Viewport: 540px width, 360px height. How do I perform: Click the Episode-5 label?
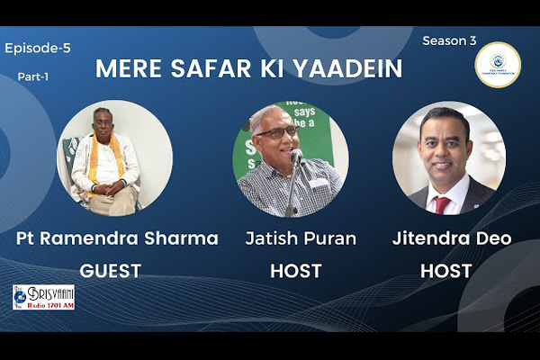[x=38, y=48]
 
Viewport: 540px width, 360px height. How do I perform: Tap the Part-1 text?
[x=33, y=77]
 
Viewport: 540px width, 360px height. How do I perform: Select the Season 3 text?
[x=449, y=40]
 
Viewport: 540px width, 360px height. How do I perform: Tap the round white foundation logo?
[x=497, y=65]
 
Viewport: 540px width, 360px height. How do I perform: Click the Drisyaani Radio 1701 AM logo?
[x=43, y=296]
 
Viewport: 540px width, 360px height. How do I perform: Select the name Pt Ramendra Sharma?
[x=117, y=238]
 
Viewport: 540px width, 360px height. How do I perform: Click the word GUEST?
[x=110, y=270]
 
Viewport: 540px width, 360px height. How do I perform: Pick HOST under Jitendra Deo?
[x=447, y=270]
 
